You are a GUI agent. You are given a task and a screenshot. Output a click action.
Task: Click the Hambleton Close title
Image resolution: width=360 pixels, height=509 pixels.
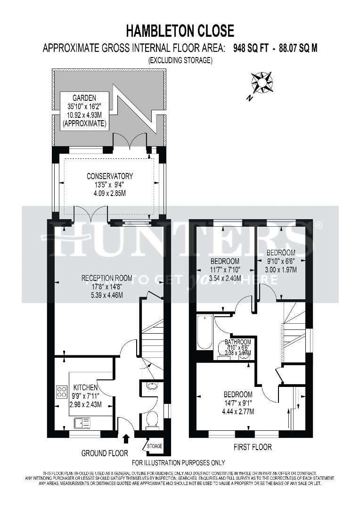tap(180, 31)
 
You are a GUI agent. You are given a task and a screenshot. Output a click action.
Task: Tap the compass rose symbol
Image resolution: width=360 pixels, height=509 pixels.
tap(262, 83)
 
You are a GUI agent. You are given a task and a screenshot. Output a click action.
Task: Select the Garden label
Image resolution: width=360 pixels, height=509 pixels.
tap(84, 98)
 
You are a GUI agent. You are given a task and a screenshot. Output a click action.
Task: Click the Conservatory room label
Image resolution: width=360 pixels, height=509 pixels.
tap(110, 176)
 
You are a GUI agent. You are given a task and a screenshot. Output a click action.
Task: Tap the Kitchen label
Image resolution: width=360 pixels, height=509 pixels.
tap(85, 387)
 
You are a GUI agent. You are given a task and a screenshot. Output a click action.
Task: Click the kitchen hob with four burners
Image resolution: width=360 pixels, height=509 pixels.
tap(62, 392)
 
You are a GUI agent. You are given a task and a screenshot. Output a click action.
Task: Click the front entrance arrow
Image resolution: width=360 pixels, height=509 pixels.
tap(125, 439)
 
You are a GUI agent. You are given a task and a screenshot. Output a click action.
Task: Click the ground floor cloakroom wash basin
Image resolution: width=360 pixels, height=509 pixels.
tap(152, 386)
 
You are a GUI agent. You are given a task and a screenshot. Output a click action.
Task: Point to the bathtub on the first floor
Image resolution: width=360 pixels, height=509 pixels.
tap(204, 332)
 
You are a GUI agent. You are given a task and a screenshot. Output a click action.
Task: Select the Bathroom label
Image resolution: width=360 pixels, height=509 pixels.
tap(237, 342)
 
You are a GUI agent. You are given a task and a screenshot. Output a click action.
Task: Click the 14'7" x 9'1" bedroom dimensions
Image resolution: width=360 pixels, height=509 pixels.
tap(238, 403)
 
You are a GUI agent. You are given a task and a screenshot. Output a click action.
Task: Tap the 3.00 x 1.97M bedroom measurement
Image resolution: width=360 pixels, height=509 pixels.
tap(281, 270)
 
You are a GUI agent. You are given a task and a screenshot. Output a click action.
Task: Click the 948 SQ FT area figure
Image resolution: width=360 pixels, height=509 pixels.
tap(251, 48)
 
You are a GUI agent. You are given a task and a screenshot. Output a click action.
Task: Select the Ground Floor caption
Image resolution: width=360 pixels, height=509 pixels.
tap(105, 453)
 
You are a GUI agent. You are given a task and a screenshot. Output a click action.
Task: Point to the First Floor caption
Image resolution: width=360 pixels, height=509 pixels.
tap(253, 447)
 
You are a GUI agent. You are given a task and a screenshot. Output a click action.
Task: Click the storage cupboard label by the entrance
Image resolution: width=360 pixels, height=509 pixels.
tap(155, 446)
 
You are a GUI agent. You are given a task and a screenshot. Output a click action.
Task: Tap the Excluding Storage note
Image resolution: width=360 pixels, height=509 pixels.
tap(180, 60)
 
